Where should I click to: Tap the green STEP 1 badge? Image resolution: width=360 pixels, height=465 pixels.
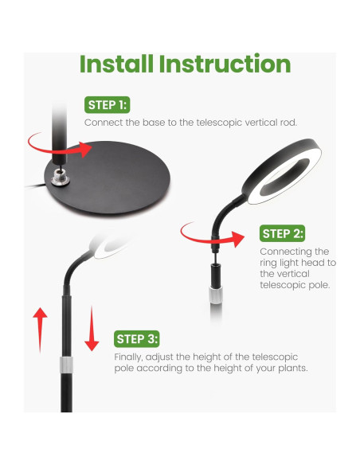(107, 105)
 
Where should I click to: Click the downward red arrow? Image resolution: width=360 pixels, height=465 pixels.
(92, 329)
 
